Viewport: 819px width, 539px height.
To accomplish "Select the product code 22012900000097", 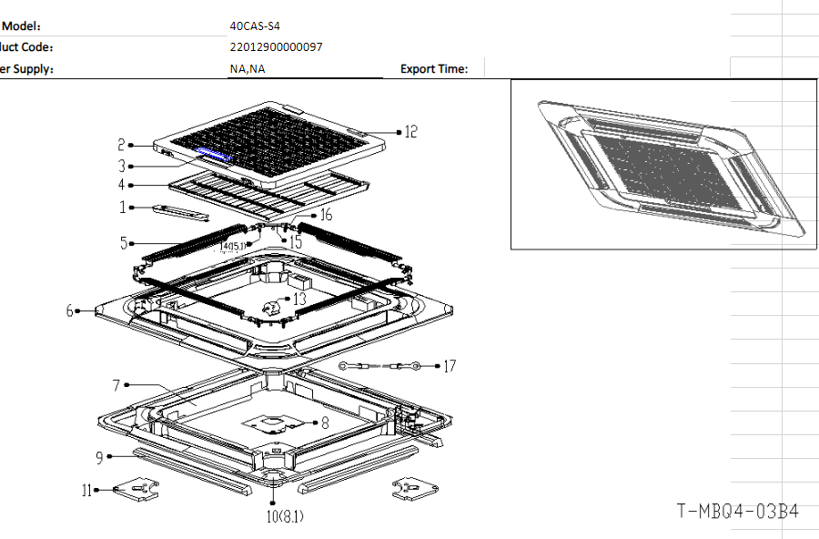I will (277, 47).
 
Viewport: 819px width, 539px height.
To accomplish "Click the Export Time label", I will (434, 68).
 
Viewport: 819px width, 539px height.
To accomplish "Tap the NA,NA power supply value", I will (248, 68).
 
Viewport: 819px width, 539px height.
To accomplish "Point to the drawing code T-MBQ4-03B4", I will (737, 512).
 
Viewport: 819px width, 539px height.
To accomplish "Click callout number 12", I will (410, 132).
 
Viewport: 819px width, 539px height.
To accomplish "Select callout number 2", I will (121, 145).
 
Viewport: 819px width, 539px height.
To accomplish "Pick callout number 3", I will (121, 166).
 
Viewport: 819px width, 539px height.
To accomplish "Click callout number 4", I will (121, 186).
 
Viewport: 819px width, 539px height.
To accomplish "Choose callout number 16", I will (326, 215).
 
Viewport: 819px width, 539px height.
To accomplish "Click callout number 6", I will (69, 310).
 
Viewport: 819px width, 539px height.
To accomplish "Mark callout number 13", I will (299, 298).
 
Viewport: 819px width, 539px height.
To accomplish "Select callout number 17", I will (450, 366).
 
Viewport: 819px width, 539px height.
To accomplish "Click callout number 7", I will (116, 385).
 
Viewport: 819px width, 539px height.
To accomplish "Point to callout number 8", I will (325, 422).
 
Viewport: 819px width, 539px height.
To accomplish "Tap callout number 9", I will (99, 457).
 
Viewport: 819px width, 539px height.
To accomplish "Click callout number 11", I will (87, 491).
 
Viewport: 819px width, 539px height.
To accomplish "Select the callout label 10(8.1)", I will (284, 517).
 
